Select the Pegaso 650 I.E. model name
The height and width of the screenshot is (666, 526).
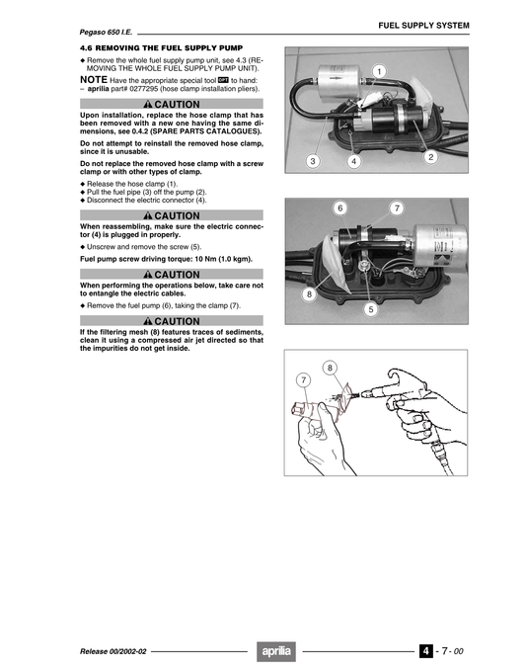click(x=107, y=32)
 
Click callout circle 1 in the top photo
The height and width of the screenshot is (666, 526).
click(x=380, y=70)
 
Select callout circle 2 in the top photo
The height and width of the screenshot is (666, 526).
click(x=430, y=157)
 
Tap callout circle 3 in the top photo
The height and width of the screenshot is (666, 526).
click(x=313, y=160)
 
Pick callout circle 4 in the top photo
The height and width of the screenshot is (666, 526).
click(x=354, y=160)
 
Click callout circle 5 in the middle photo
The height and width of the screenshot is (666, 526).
click(x=371, y=309)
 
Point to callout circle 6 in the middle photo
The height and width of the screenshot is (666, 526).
click(x=339, y=208)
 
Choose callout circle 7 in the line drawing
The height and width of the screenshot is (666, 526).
click(x=303, y=379)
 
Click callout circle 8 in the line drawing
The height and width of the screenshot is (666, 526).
click(x=331, y=369)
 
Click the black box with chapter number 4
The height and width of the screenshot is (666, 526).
click(x=424, y=650)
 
